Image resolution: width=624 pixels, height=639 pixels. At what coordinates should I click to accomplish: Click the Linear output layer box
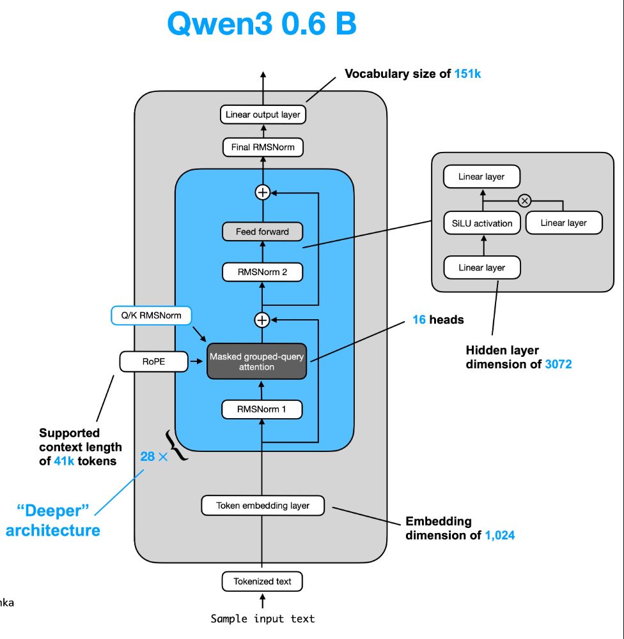click(262, 115)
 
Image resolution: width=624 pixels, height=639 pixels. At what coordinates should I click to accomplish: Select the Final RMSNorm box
click(262, 147)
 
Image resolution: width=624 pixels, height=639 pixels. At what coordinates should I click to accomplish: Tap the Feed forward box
click(262, 232)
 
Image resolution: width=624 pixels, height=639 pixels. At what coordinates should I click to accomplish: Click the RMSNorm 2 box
click(262, 272)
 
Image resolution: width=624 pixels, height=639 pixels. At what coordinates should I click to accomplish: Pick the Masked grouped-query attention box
click(257, 362)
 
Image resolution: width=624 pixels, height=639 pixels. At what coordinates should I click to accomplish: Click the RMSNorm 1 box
click(262, 409)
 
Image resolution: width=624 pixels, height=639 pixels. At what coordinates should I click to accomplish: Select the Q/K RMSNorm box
click(151, 315)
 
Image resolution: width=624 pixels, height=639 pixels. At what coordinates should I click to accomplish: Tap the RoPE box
click(153, 362)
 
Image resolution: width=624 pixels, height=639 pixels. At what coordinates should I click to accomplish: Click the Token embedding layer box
click(262, 506)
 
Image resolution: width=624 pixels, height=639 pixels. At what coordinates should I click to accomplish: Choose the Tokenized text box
click(262, 582)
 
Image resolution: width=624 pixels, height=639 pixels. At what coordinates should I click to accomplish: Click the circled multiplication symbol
click(524, 201)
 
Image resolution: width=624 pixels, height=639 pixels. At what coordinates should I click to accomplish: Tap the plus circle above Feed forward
click(262, 192)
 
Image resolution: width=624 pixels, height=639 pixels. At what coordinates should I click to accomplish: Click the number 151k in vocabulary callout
click(467, 74)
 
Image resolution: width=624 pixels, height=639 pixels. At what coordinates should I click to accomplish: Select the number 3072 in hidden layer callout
click(558, 364)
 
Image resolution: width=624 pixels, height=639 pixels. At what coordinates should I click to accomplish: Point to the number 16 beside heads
click(419, 320)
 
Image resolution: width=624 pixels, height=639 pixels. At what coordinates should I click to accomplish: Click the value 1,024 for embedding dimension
click(499, 536)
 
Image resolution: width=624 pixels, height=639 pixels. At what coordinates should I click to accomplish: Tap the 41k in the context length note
click(66, 461)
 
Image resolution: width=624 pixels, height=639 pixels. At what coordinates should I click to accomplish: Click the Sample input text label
click(263, 619)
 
